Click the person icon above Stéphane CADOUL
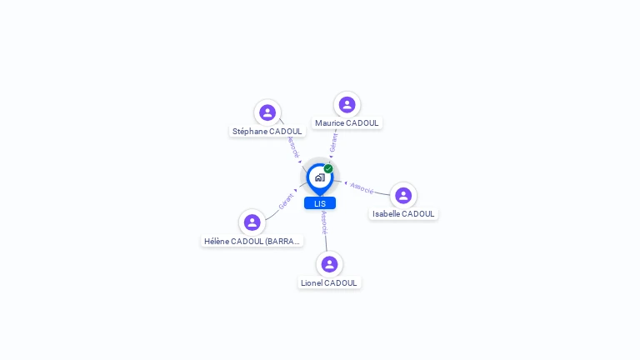pyautogui.click(x=267, y=112)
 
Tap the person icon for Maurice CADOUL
pyautogui.click(x=347, y=105)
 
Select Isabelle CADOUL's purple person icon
pyautogui.click(x=403, y=196)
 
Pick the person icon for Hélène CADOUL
pyautogui.click(x=252, y=222)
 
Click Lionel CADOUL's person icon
pyautogui.click(x=329, y=264)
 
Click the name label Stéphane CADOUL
pyautogui.click(x=267, y=132)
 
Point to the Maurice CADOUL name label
pyautogui.click(x=347, y=123)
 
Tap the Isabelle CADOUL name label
pyautogui.click(x=403, y=214)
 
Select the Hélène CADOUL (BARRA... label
pyautogui.click(x=252, y=242)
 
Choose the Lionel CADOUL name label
pyautogui.click(x=329, y=283)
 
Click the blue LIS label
pyautogui.click(x=320, y=203)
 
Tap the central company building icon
pyautogui.click(x=319, y=177)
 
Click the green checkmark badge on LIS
pyautogui.click(x=328, y=169)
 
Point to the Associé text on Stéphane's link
pyautogui.click(x=292, y=147)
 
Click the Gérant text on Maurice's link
pyautogui.click(x=333, y=142)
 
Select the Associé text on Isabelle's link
pyautogui.click(x=362, y=187)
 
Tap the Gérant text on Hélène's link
pyautogui.click(x=286, y=201)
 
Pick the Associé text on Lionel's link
pyautogui.click(x=324, y=222)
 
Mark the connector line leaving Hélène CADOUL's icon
pyautogui.click(x=272, y=214)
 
